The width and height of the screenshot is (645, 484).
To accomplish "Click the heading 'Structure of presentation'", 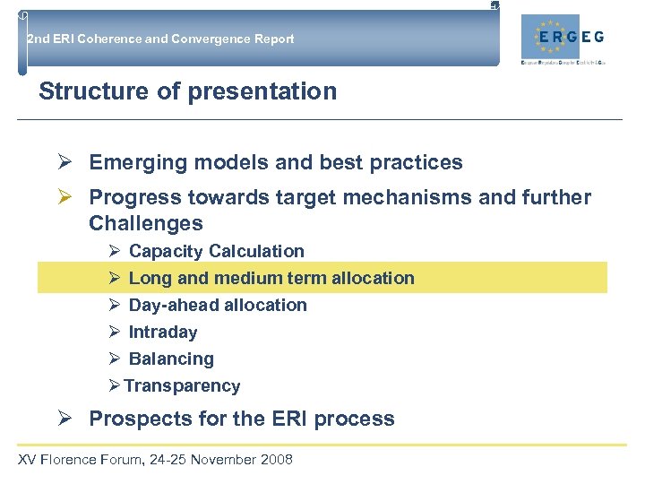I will [x=188, y=91].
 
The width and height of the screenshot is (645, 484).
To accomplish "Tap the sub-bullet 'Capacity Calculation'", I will [x=216, y=251].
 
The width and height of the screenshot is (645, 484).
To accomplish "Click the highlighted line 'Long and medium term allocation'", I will [x=271, y=278].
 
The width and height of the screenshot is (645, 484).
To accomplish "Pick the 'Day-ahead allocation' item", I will [x=218, y=305].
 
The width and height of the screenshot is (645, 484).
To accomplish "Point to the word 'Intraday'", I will [x=163, y=332].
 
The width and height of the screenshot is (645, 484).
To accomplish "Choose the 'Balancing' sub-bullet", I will [x=171, y=359].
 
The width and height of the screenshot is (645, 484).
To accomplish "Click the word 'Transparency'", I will [x=182, y=386].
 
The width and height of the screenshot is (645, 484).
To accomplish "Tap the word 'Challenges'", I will [x=146, y=223].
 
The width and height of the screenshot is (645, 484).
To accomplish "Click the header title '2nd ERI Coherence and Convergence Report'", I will [x=160, y=39].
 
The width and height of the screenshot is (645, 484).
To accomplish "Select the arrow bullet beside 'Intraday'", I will [x=115, y=332].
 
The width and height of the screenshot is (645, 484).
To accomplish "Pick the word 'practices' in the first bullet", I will [x=418, y=163].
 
